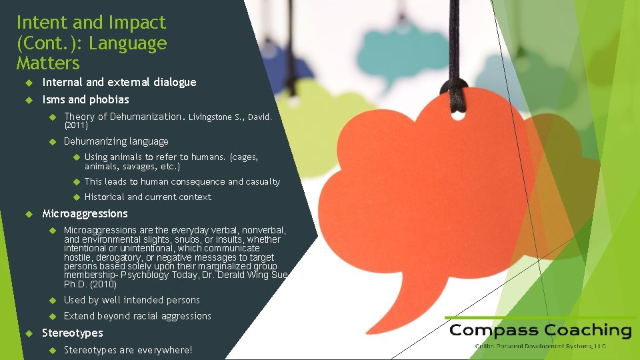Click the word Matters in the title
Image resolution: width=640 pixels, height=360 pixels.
click(x=48, y=64)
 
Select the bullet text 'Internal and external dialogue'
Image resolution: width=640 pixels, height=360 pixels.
click(x=119, y=83)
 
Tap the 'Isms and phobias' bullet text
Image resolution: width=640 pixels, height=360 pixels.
click(x=85, y=100)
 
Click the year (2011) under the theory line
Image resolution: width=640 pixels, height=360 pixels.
click(x=75, y=125)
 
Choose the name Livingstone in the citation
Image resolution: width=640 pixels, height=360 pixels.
click(x=213, y=118)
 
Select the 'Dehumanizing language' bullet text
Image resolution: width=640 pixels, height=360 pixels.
click(x=116, y=141)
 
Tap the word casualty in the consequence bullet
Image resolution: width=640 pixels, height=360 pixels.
click(x=263, y=182)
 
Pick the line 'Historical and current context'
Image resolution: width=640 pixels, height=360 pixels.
click(x=147, y=197)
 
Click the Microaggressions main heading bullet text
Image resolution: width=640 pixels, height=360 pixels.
click(x=85, y=214)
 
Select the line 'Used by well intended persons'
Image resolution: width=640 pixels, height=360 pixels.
click(x=131, y=301)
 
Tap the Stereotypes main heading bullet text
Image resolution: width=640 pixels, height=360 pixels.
click(x=73, y=333)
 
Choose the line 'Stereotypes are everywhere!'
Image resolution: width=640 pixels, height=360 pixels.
click(x=127, y=350)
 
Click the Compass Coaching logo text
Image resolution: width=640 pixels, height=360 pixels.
click(x=540, y=331)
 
